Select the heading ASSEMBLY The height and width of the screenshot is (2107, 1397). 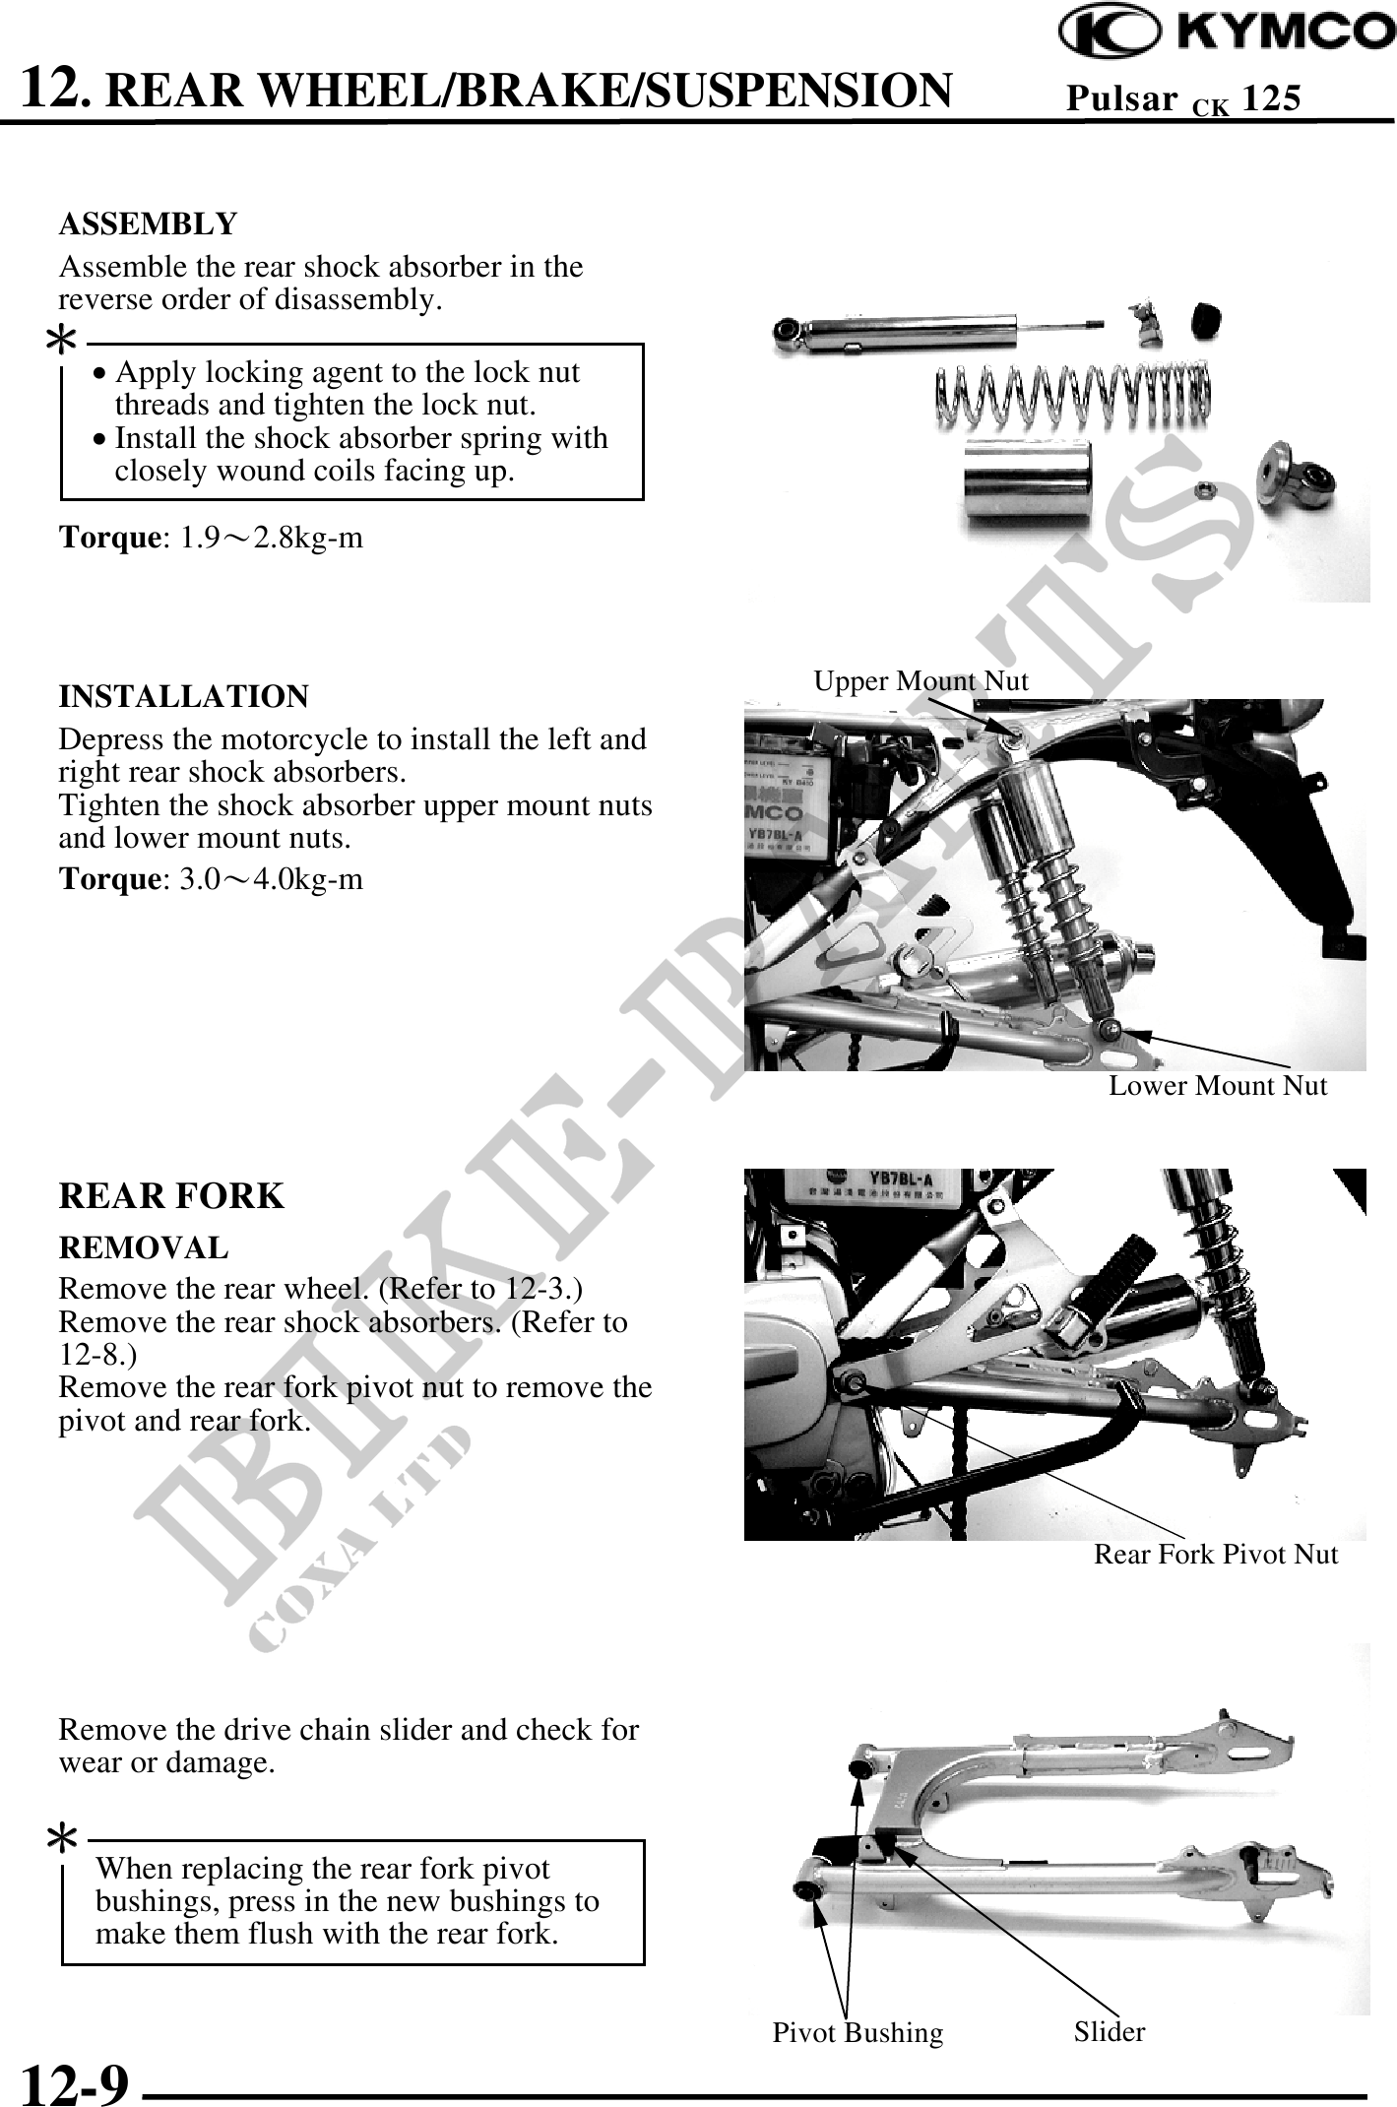(149, 224)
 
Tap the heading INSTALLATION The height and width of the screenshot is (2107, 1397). (184, 697)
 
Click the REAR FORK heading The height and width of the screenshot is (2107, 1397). (171, 1196)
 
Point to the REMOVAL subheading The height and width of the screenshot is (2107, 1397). (144, 1248)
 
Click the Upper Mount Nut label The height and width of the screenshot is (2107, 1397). (921, 680)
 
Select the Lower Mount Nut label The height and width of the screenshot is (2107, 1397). (1218, 1086)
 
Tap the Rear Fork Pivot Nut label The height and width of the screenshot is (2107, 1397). (1216, 1555)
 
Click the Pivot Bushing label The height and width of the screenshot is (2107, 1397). (857, 2033)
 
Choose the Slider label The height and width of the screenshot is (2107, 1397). (1110, 2031)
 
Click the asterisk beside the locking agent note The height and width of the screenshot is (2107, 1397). (63, 342)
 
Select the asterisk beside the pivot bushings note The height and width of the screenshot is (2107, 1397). (63, 1836)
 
